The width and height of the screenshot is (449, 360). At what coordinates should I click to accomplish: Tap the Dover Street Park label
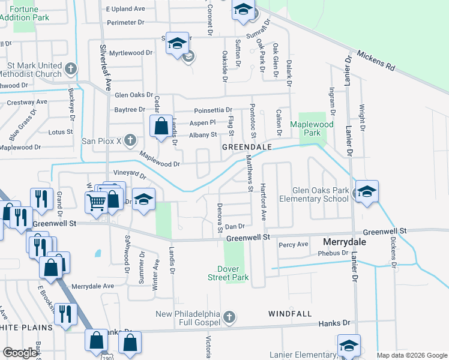(228, 274)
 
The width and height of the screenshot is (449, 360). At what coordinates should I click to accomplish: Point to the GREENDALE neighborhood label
(247, 147)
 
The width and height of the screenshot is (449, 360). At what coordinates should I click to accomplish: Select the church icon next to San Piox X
(131, 142)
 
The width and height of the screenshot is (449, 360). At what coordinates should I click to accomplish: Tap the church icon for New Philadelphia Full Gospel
(228, 316)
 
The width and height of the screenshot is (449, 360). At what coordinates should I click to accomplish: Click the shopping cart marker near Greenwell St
(95, 202)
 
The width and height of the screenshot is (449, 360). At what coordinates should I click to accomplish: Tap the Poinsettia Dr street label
(212, 110)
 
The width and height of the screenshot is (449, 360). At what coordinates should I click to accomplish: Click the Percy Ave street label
(294, 244)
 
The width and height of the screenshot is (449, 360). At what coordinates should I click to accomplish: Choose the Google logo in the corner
(20, 353)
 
